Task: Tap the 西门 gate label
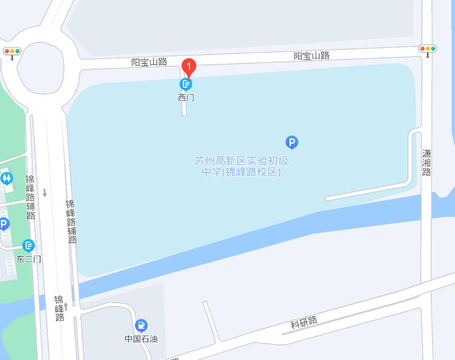click(186, 98)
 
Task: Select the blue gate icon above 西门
click(186, 84)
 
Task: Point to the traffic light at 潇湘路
click(427, 49)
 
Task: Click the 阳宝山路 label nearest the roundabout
click(149, 62)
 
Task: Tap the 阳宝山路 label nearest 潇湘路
click(311, 56)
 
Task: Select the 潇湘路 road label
click(427, 163)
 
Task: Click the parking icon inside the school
click(292, 142)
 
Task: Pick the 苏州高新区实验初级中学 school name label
click(241, 166)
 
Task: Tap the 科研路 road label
click(304, 322)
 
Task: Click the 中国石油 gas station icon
click(141, 325)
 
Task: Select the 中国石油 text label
click(141, 339)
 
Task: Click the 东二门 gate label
click(29, 259)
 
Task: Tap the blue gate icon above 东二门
click(28, 245)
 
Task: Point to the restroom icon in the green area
click(7, 178)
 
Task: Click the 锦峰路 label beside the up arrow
click(59, 308)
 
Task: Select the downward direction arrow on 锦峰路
click(45, 193)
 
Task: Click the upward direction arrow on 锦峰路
click(66, 306)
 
